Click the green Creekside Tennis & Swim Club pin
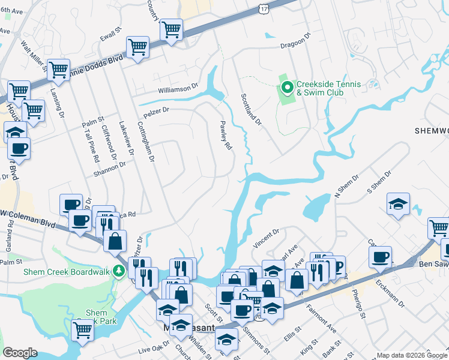(x=287, y=88)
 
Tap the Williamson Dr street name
(x=178, y=88)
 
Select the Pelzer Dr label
(x=156, y=112)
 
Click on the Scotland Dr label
(x=251, y=109)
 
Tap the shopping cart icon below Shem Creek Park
(x=83, y=330)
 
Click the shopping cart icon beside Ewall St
(x=137, y=47)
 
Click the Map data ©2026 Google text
(x=412, y=355)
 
